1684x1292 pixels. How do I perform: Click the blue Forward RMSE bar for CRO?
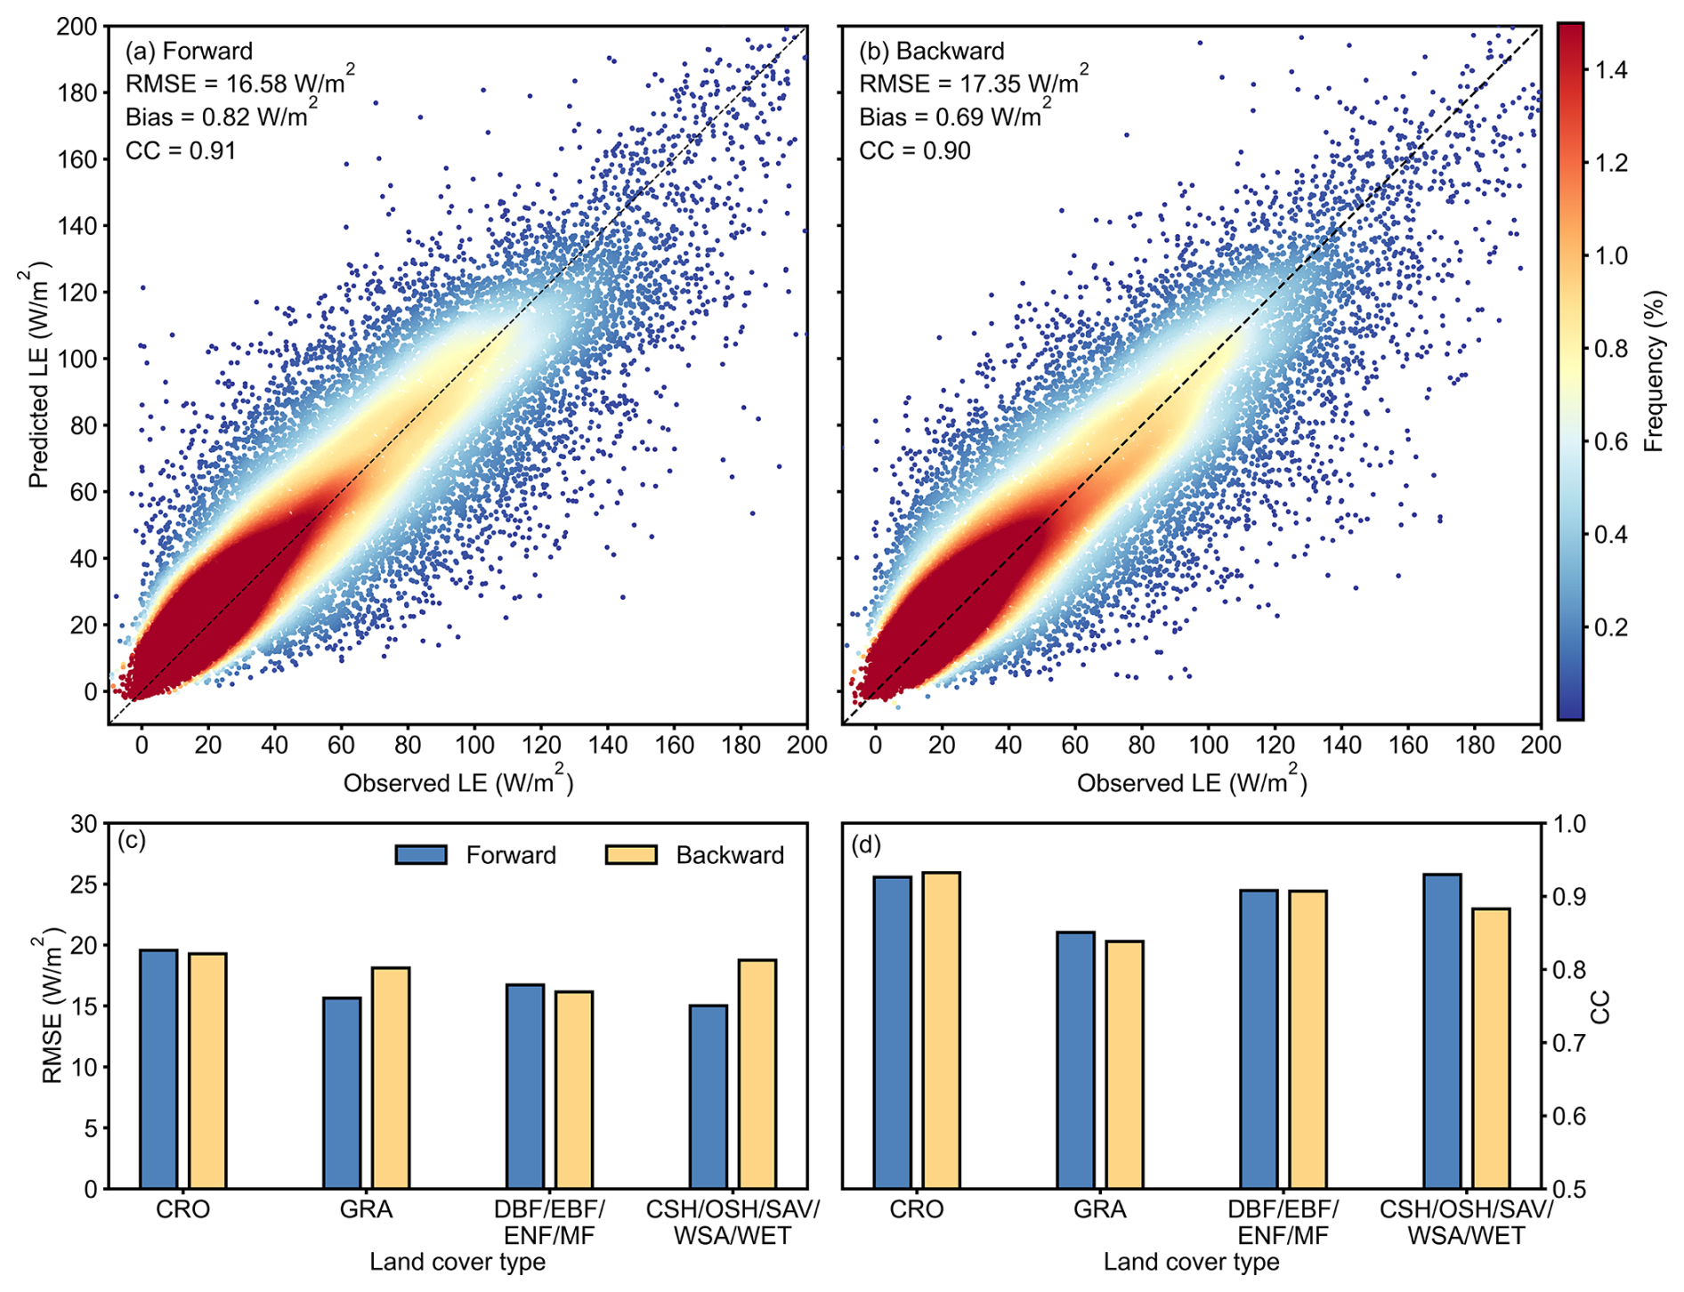(x=158, y=1069)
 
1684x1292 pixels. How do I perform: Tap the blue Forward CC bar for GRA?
(x=1075, y=1060)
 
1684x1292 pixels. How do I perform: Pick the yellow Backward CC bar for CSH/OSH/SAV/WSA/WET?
(x=1491, y=1048)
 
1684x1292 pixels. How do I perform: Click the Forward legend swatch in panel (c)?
(x=421, y=855)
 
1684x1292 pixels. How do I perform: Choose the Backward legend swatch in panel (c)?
(x=631, y=855)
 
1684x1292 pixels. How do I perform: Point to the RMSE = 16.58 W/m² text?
(x=239, y=83)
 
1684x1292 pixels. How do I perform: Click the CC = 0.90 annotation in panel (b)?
(x=914, y=150)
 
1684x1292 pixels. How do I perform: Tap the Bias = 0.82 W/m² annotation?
(x=221, y=117)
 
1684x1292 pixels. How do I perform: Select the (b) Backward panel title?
(x=931, y=51)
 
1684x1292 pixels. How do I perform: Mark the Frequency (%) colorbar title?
(x=1654, y=371)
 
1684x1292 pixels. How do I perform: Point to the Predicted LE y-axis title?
(x=38, y=375)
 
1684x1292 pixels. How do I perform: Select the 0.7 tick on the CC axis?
(x=1571, y=1042)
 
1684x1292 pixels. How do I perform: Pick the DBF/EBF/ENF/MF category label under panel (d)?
(x=1283, y=1222)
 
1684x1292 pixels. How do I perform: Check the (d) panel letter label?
(x=866, y=844)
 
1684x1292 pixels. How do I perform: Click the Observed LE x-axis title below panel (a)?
(x=457, y=782)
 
